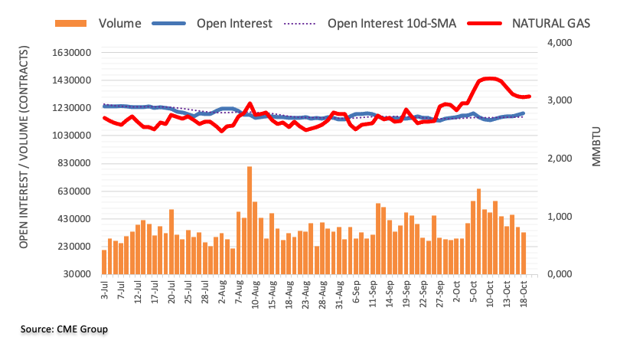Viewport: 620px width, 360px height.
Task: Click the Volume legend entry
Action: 119,23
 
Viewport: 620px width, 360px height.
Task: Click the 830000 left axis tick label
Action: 74,163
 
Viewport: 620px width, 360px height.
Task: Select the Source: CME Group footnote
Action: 64,329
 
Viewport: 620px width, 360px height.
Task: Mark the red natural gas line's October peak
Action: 490,78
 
